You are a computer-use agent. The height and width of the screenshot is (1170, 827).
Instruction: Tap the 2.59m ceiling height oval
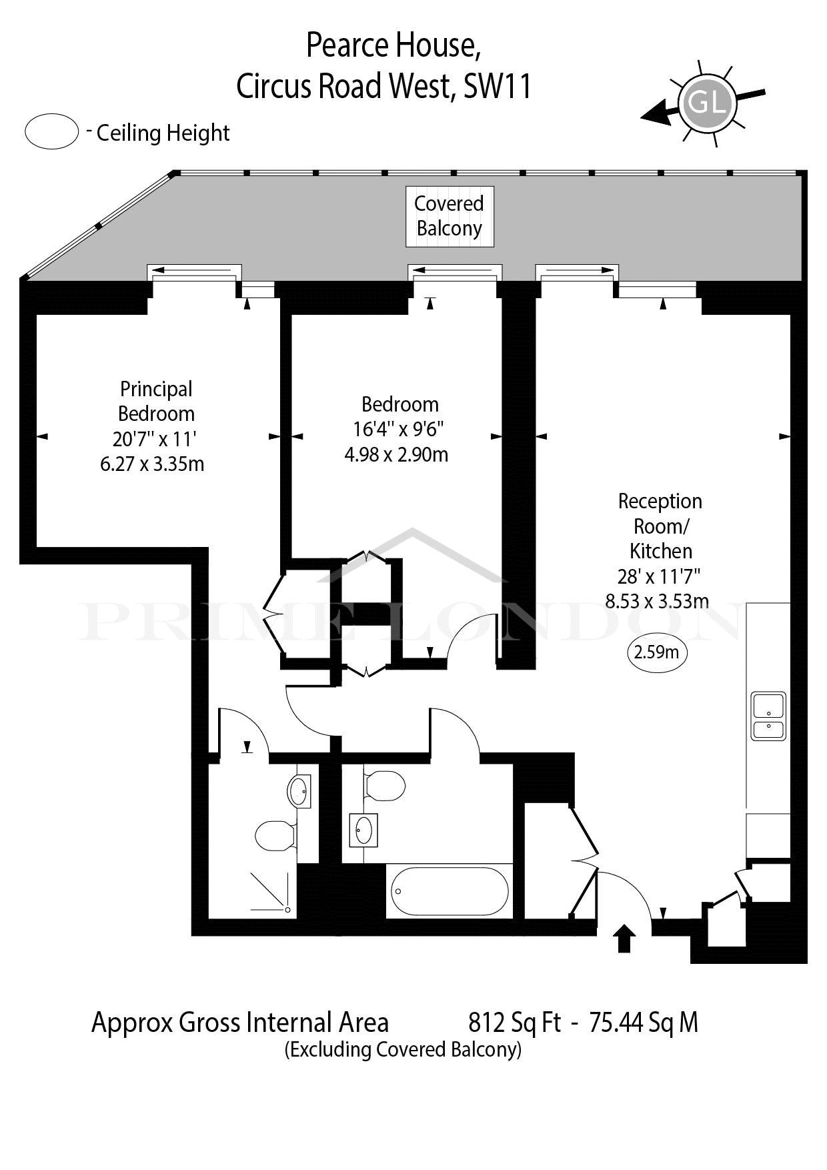pos(656,652)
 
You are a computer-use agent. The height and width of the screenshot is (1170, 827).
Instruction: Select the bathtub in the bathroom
pos(450,892)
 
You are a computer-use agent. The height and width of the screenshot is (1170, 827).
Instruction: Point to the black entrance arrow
pos(624,938)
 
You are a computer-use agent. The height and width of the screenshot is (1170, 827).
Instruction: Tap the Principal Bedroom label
pos(156,401)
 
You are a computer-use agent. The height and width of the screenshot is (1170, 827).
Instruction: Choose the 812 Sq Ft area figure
pos(515,1022)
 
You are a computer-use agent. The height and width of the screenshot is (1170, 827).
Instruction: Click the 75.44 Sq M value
pos(644,1022)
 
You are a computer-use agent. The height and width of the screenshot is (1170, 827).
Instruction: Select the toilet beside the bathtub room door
pos(385,786)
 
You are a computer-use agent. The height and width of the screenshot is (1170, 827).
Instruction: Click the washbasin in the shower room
pos(299,791)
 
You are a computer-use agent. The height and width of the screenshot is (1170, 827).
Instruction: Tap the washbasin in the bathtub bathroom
pos(363,830)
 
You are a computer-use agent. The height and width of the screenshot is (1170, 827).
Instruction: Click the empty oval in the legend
pos(52,131)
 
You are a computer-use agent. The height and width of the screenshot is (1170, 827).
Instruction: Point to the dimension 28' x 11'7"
pos(659,576)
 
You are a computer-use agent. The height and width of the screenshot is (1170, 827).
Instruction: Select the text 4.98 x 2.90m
pos(396,455)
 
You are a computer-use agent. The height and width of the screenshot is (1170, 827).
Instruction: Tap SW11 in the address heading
pos(498,86)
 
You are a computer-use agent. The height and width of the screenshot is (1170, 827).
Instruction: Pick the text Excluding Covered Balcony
pos(403,1049)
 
